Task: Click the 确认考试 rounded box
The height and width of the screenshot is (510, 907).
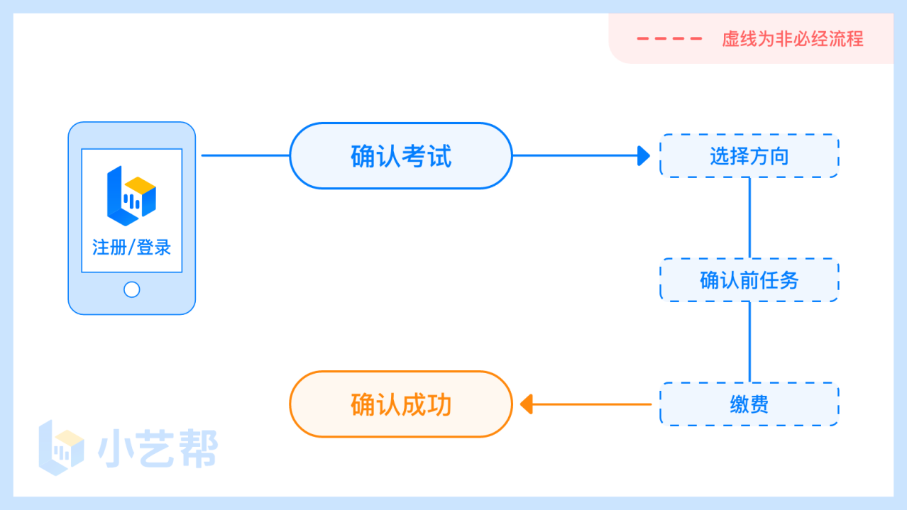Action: coord(401,156)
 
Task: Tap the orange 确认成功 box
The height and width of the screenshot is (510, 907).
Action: coord(401,404)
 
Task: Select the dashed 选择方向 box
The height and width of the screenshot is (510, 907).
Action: coord(749,156)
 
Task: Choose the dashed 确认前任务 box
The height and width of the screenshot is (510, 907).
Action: coord(749,280)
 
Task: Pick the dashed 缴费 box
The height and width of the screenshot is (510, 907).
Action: coord(749,404)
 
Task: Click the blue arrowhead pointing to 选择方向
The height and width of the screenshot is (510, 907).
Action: coord(644,156)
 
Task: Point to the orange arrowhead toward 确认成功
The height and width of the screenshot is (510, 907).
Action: coord(527,404)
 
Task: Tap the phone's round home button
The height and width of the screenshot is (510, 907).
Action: coord(131,290)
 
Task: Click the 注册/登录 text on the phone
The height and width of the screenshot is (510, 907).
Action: coord(131,248)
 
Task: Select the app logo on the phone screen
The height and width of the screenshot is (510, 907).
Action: coord(131,196)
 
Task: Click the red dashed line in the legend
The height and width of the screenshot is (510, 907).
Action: coord(669,39)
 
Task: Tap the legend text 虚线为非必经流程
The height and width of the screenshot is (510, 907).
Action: coord(793,39)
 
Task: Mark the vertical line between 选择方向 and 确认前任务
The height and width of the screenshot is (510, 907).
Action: coord(749,218)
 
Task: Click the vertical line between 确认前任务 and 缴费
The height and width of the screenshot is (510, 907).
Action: coord(749,342)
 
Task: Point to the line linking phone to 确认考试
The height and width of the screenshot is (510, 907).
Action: coord(246,155)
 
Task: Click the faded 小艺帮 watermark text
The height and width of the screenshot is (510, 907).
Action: coord(158,448)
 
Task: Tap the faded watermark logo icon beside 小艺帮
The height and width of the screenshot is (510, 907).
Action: coord(62,448)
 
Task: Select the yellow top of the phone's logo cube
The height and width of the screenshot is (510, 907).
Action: coord(140,185)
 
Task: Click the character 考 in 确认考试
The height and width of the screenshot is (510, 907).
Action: coord(414,156)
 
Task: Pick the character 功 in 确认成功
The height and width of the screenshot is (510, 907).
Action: coord(439,404)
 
